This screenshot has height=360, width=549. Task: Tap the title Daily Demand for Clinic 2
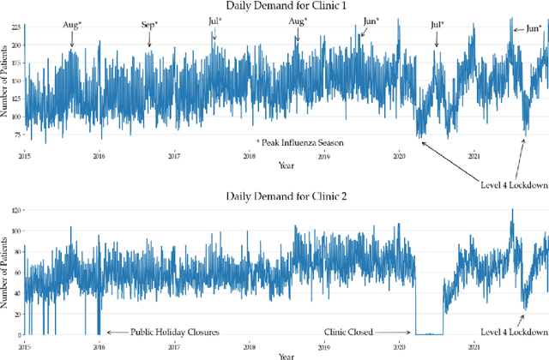tap(284, 197)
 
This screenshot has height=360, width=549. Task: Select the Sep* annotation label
tap(149, 24)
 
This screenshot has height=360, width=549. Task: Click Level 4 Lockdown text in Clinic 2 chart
tap(514, 332)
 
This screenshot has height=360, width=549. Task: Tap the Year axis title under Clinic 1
tap(284, 165)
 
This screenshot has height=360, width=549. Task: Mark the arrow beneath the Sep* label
tap(149, 38)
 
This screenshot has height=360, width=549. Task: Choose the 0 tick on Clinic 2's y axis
tap(16, 334)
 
